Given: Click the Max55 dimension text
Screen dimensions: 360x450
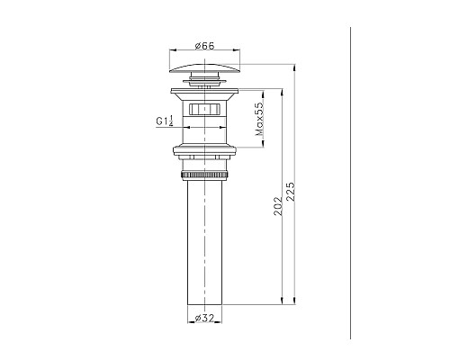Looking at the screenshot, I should coord(258,119).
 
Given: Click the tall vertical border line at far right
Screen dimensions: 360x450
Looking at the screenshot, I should coord(348,180).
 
